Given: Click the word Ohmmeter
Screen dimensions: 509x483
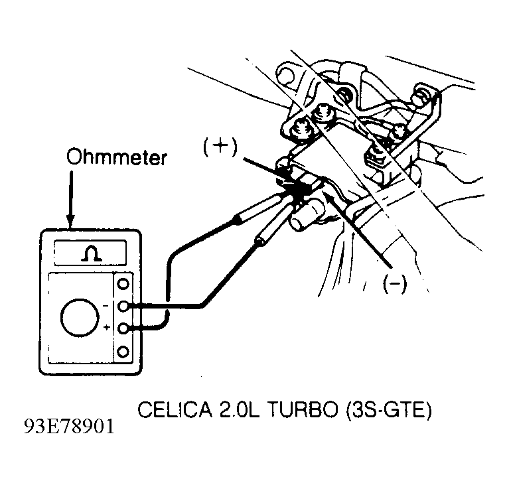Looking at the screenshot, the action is coord(117,157).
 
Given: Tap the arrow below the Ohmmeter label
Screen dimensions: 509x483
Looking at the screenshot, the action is coord(71,198).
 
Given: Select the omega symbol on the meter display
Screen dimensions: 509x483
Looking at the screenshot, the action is coord(91,253).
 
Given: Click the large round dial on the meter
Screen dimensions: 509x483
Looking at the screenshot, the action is coord(80,317).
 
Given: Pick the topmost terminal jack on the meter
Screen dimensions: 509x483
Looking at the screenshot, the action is coord(123,284).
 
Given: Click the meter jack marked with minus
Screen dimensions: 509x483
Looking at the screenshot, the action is coord(123,306).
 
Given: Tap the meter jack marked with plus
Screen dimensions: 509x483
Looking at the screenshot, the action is coord(123,328).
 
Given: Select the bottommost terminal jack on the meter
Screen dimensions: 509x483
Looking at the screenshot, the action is coord(123,352).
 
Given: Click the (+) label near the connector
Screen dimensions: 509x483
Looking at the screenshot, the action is coord(220,147).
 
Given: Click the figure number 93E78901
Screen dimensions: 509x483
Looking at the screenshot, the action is coord(70,426).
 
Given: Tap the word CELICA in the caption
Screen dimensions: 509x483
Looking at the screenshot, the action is coord(175,409).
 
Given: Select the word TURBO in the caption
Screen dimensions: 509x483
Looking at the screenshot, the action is coord(304,409).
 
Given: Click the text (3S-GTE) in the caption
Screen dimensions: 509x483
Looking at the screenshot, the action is coord(389,410).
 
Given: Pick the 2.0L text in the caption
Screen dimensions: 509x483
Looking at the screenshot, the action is coord(240,409).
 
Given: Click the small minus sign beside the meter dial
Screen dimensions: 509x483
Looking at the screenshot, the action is coord(106,306).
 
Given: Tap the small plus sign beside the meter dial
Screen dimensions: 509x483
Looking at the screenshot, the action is coord(106,328).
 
